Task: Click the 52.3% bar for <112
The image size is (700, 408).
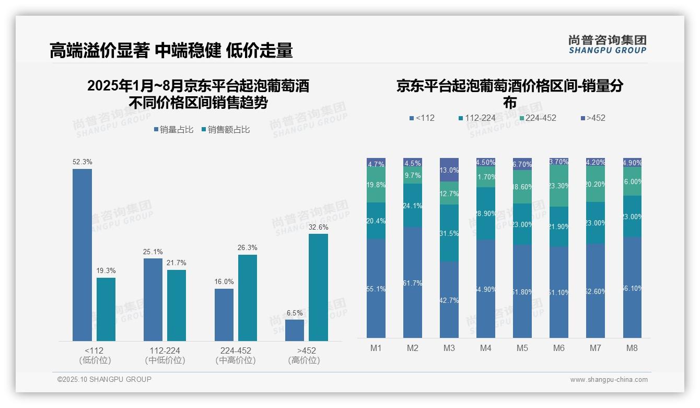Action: [82, 255]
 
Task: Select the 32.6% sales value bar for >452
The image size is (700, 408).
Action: [318, 287]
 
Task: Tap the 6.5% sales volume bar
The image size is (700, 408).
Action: [295, 330]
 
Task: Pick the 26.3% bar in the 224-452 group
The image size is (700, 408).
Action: [248, 298]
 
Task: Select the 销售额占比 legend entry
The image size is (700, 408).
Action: [226, 130]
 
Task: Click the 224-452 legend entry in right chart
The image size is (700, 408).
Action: [538, 118]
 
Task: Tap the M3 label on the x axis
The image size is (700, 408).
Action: [449, 348]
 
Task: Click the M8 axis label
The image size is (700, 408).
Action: [632, 348]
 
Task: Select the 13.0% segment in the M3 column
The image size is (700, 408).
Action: [449, 170]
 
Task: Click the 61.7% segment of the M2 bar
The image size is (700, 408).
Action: [413, 282]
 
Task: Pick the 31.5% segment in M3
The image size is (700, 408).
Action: [449, 233]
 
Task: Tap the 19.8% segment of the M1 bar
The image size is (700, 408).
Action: [376, 185]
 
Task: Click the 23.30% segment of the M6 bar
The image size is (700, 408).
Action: [559, 186]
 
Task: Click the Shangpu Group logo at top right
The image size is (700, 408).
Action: [607, 44]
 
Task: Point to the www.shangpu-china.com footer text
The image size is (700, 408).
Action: [609, 380]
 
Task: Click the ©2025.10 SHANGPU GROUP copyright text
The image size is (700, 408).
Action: [104, 379]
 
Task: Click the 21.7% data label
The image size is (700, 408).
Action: [177, 263]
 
